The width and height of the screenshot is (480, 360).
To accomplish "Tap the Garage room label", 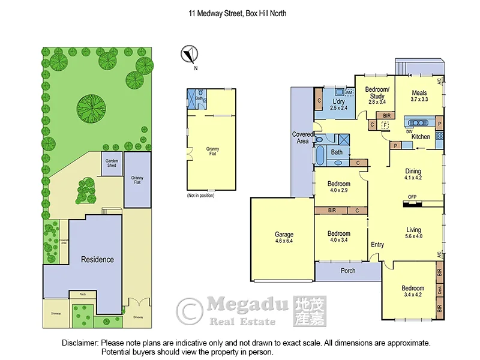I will pyautogui.click(x=284, y=235).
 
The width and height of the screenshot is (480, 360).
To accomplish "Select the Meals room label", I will pyautogui.click(x=419, y=92).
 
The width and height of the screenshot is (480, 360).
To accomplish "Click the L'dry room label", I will pyautogui.click(x=340, y=101).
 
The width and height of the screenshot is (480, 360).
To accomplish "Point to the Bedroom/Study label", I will pyautogui.click(x=377, y=92).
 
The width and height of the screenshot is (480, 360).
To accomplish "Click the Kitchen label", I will pyautogui.click(x=421, y=137).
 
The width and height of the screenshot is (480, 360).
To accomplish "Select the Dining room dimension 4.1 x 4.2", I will pyautogui.click(x=413, y=178).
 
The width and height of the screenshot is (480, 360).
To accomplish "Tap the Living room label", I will pyautogui.click(x=413, y=230).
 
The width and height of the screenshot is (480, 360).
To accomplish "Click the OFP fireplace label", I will pyautogui.click(x=412, y=197).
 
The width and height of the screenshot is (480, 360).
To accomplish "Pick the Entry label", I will pyautogui.click(x=377, y=244).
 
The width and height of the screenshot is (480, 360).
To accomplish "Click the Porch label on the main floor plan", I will pyautogui.click(x=348, y=271).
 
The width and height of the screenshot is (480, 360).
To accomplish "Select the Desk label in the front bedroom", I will pyautogui.click(x=440, y=291).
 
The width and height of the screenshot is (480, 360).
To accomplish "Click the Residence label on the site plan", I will pyautogui.click(x=97, y=259).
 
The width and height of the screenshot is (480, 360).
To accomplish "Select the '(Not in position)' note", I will pyautogui.click(x=200, y=196).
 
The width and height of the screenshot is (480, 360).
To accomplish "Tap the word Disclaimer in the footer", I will pyautogui.click(x=80, y=343).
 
